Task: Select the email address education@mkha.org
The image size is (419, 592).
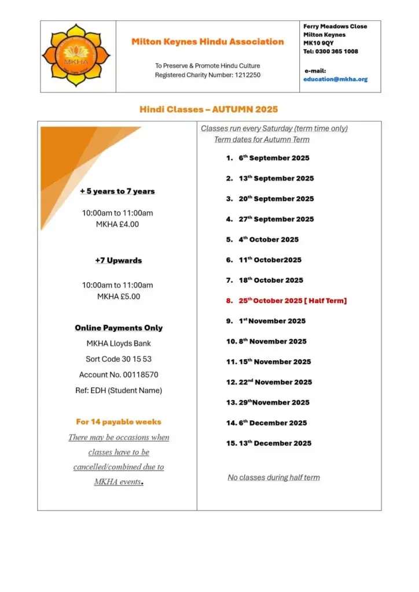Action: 335,79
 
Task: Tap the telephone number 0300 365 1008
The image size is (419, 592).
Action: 330,51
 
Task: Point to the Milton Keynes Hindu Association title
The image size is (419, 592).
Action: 207,42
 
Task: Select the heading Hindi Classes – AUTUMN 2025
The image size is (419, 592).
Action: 208,109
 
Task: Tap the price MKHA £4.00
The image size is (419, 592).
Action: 117,224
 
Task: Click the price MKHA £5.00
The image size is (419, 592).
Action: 118,297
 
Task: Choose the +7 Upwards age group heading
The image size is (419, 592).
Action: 118,261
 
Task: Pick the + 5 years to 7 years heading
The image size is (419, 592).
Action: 117,191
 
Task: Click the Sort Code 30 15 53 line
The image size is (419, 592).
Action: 118,359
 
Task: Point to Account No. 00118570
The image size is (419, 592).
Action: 118,375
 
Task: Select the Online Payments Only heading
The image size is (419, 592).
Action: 119,328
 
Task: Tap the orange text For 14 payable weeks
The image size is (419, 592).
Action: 119,421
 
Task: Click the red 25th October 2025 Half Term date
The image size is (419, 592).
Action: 292,301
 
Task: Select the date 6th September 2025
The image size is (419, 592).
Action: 274,158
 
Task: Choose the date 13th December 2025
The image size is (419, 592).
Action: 275,443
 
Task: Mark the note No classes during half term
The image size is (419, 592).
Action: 274,478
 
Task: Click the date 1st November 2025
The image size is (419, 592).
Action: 272,321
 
